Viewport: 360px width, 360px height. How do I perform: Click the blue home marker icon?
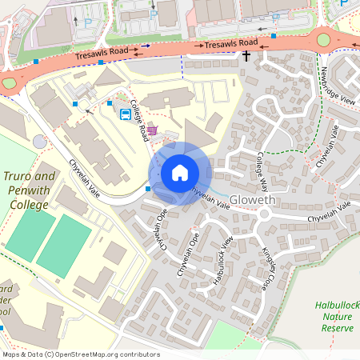tap(180, 173)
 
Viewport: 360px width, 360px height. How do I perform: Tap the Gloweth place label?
tap(252, 199)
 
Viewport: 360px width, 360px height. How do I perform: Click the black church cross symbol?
tap(246, 56)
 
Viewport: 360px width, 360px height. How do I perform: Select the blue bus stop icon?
tap(126, 114)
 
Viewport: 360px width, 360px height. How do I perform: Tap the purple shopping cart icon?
tap(152, 130)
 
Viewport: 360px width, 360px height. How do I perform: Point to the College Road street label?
tap(138, 120)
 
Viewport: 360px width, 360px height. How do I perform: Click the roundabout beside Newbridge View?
tap(324, 39)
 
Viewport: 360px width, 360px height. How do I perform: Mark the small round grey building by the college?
tap(40, 142)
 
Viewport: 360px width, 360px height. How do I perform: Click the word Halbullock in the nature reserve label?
tap(337, 305)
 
